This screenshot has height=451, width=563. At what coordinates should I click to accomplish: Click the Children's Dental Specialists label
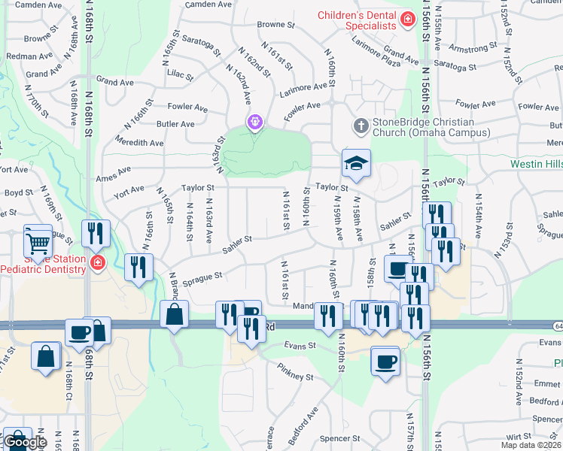tap(357, 20)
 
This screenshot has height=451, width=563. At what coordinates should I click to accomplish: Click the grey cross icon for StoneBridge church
tap(361, 126)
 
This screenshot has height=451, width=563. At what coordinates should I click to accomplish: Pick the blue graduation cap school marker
tap(356, 162)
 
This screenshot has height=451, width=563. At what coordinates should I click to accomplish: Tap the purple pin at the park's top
tap(254, 121)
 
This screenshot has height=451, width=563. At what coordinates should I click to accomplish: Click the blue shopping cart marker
tap(38, 241)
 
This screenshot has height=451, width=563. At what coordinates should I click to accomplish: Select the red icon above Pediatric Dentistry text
tap(97, 262)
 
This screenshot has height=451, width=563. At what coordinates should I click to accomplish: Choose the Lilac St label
tap(180, 76)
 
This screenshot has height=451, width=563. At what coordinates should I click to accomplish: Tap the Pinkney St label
tap(294, 372)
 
